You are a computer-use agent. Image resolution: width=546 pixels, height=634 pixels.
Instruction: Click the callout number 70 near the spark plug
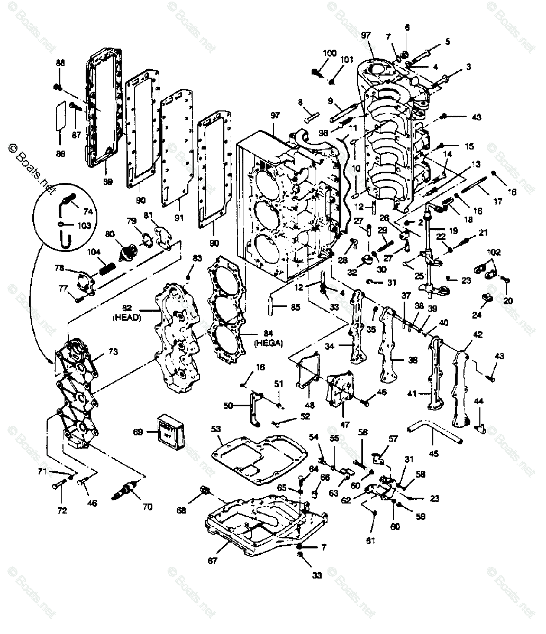tap(147, 507)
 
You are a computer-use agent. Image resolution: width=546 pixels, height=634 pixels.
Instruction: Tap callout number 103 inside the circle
tap(84, 226)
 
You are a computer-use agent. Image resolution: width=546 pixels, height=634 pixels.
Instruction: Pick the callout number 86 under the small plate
tap(60, 154)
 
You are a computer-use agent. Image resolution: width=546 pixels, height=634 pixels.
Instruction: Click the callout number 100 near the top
tap(329, 53)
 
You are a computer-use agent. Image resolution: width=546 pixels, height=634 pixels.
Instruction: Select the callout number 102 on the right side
tap(493, 253)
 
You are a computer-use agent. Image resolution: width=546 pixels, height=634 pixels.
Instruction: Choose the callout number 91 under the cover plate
tap(178, 217)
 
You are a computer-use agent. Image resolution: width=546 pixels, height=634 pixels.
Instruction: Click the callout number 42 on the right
tap(477, 334)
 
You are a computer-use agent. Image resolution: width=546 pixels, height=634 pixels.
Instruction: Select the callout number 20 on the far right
tap(508, 301)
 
